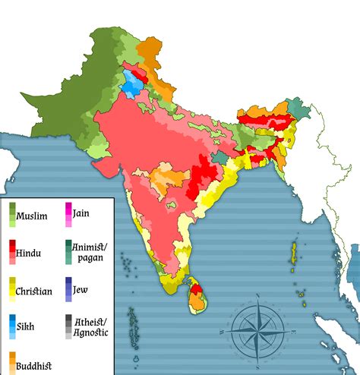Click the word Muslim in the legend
click(32, 216)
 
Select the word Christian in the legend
click(34, 291)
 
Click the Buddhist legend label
click(33, 365)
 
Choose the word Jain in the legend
click(81, 213)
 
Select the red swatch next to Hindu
click(11, 251)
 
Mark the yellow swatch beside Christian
click(11, 289)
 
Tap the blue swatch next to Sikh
click(11, 326)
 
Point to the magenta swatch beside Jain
click(68, 213)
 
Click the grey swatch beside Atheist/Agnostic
click(68, 326)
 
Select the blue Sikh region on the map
click(132, 85)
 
